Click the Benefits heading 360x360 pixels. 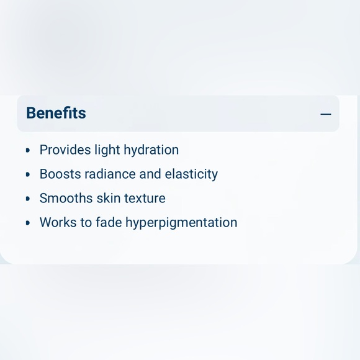pos(56,113)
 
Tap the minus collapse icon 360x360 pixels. pos(326,114)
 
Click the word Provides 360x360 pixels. pos(65,150)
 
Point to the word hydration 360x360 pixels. pos(151,150)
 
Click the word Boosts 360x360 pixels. pos(60,174)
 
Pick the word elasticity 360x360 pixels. pos(191,174)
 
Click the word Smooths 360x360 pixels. pos(66,198)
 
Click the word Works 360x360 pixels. pos(58,222)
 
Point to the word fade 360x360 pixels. pos(109,222)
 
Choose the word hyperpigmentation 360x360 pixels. pos(181,223)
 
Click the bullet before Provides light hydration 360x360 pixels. pos(28,150)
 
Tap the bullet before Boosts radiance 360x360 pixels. pos(28,174)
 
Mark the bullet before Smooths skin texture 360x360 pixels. pos(28,199)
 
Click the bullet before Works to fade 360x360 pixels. pos(28,223)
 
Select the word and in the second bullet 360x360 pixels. pos(150,174)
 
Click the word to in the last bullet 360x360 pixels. pos(86,222)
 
